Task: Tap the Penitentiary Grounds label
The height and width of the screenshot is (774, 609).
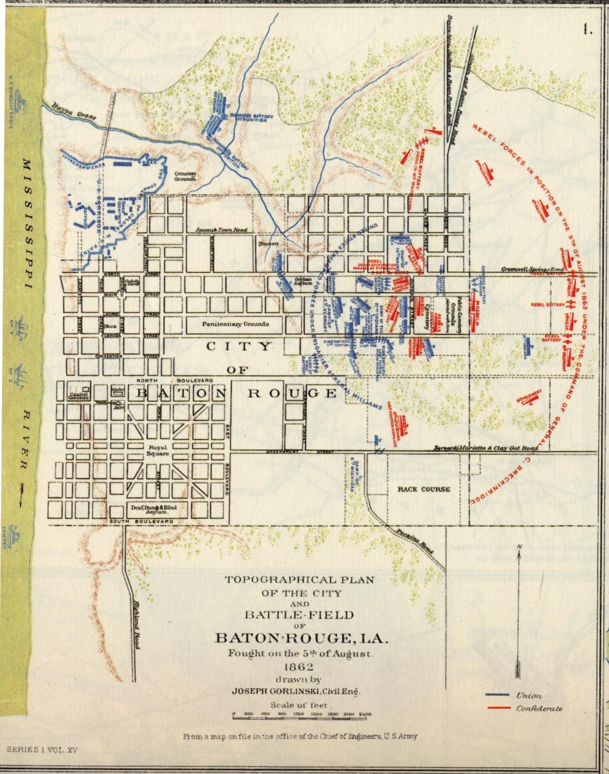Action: click(x=236, y=324)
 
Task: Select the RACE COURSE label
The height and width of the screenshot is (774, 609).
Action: click(x=424, y=489)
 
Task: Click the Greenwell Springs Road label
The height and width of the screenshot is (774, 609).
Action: click(x=533, y=269)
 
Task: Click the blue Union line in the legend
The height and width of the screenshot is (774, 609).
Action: click(x=498, y=696)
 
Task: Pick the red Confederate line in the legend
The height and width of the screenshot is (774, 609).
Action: click(x=498, y=708)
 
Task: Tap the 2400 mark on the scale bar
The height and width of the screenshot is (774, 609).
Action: click(x=365, y=714)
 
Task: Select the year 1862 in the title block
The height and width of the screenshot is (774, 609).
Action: click(x=300, y=667)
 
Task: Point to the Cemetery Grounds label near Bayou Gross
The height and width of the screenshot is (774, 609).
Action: click(x=185, y=176)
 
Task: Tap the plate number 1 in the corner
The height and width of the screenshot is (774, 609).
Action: click(x=588, y=30)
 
